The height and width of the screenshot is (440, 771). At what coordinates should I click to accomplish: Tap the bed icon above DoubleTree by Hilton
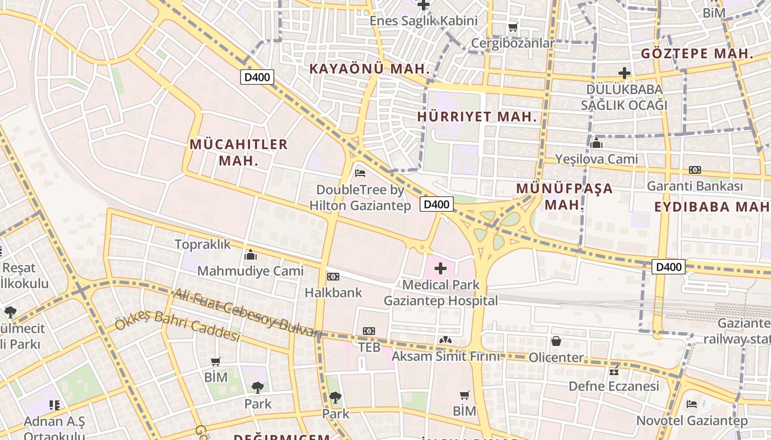pyautogui.click(x=360, y=173)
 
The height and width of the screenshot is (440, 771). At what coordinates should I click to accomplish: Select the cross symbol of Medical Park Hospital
pyautogui.click(x=441, y=268)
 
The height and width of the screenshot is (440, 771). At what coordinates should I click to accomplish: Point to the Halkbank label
pyautogui.click(x=334, y=293)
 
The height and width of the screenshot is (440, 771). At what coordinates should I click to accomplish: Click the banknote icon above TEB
pyautogui.click(x=369, y=331)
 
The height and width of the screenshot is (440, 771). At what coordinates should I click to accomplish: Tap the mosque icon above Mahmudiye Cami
pyautogui.click(x=251, y=255)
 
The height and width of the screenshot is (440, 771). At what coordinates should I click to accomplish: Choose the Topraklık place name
pyautogui.click(x=203, y=244)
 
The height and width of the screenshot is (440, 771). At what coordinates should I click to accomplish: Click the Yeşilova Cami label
pyautogui.click(x=597, y=159)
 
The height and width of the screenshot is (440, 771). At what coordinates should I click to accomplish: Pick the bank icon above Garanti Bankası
pyautogui.click(x=695, y=170)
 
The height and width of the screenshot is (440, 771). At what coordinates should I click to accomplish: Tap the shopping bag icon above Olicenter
pyautogui.click(x=556, y=341)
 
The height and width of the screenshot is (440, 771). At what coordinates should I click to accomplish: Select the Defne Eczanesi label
pyautogui.click(x=613, y=386)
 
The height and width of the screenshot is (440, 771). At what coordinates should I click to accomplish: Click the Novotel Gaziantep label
pyautogui.click(x=692, y=421)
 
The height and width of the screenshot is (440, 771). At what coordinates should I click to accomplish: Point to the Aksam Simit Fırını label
pyautogui.click(x=446, y=356)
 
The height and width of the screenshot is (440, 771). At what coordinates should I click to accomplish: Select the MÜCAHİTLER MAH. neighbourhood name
pyautogui.click(x=238, y=152)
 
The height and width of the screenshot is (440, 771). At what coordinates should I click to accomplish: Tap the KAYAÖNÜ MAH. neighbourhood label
pyautogui.click(x=369, y=69)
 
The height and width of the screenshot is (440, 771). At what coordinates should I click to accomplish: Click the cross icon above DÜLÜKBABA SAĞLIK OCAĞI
pyautogui.click(x=625, y=73)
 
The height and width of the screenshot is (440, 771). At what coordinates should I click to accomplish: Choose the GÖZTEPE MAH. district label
pyautogui.click(x=697, y=54)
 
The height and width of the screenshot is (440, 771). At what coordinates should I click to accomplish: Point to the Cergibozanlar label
pyautogui.click(x=513, y=43)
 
